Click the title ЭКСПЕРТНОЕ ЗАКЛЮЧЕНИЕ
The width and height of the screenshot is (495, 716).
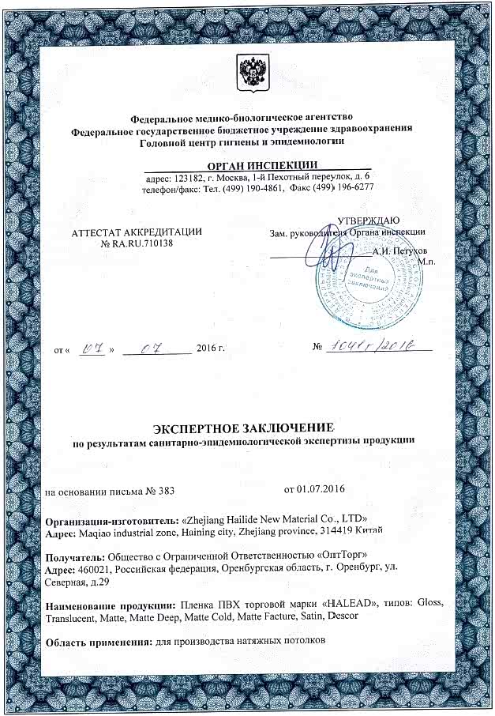pos(247,427)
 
